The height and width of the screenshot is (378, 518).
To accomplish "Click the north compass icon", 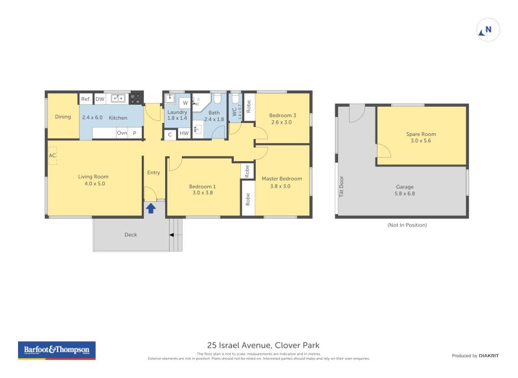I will pyautogui.click(x=488, y=30).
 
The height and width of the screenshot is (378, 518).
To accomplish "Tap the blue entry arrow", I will pyautogui.click(x=151, y=208).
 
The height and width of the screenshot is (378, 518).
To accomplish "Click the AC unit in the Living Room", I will pyautogui.click(x=52, y=156).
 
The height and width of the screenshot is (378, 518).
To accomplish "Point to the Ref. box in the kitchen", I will pyautogui.click(x=85, y=99).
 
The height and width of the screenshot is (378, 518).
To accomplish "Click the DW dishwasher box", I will pyautogui.click(x=100, y=99).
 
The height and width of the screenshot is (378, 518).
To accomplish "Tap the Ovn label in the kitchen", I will pyautogui.click(x=121, y=133).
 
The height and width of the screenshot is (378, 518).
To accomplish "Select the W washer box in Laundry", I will pyautogui.click(x=185, y=103).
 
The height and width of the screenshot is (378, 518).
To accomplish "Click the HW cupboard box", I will pyautogui.click(x=184, y=134).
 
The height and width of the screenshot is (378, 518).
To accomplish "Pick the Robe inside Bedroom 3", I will pyautogui.click(x=248, y=105).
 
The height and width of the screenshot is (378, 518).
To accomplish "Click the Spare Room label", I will pyautogui.click(x=421, y=134).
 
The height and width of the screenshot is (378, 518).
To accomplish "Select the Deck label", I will pyautogui.click(x=131, y=235).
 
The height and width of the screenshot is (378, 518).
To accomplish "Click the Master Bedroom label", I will pyautogui.click(x=282, y=179).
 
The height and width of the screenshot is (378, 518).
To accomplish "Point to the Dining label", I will pyautogui.click(x=63, y=117).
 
